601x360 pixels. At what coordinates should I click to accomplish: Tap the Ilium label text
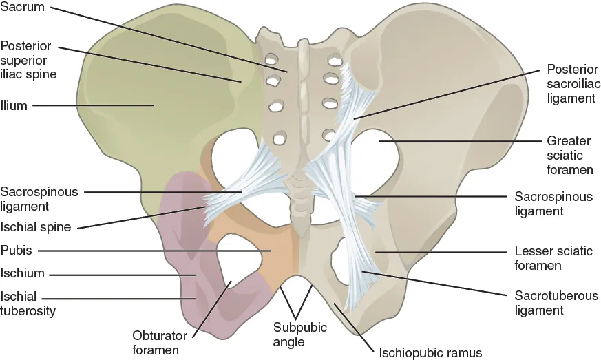tap(14, 105)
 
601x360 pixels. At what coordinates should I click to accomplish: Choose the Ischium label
tap(23, 273)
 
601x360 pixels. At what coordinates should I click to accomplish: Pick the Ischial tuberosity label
tap(28, 304)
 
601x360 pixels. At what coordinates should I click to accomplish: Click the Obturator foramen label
tap(156, 343)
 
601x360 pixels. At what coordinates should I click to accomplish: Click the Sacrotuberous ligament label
tap(556, 303)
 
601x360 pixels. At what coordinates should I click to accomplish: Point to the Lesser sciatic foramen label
tap(553, 258)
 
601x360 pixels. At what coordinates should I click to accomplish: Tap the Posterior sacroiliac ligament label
tap(571, 83)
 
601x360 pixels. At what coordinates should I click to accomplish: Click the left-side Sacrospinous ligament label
tap(39, 198)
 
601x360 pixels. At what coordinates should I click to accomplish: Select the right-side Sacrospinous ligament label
tap(553, 203)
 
